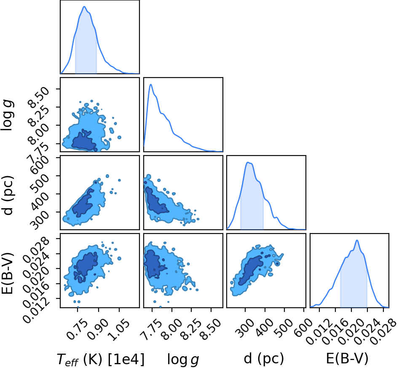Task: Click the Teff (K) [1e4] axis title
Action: [101, 360]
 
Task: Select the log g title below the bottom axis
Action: [183, 360]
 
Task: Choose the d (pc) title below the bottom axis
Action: [264, 359]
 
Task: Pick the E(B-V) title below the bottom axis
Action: [347, 359]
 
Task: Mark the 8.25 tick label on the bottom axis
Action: [192, 329]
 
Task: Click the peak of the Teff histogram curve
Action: [84, 7]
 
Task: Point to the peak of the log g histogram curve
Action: [151, 84]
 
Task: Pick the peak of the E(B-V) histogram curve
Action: [357, 240]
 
